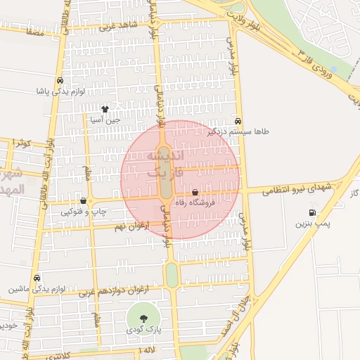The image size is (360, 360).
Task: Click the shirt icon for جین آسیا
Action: (x=105, y=109)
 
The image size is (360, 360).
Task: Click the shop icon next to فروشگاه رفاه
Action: (x=195, y=193)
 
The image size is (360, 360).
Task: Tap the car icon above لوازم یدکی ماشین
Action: (x=37, y=278)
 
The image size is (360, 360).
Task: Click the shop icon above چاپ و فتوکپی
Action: (x=83, y=201)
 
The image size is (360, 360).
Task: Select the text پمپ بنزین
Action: (x=311, y=224)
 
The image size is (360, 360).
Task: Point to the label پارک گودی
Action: (x=144, y=329)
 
